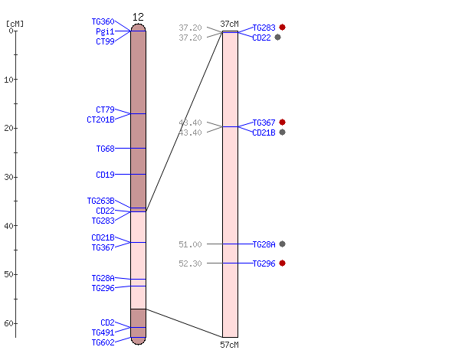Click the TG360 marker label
tap(103, 21)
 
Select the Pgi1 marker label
tap(105, 31)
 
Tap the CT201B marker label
tap(100, 119)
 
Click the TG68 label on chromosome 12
tap(106, 149)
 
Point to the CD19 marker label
tap(105, 175)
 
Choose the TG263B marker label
tap(100, 201)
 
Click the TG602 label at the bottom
tap(103, 342)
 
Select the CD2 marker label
tap(107, 322)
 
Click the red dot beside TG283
tap(283, 28)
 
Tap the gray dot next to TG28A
tap(283, 244)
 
